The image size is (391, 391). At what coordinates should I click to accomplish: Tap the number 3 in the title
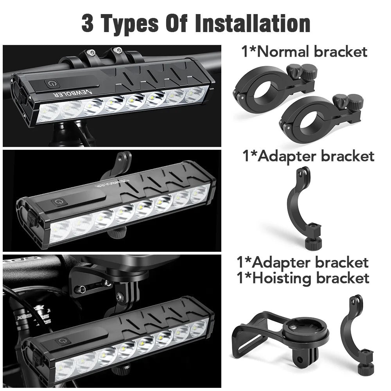click(x=88, y=23)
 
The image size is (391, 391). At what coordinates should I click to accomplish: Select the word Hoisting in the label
click(x=282, y=278)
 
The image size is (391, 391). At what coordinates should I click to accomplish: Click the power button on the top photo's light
click(x=52, y=84)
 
